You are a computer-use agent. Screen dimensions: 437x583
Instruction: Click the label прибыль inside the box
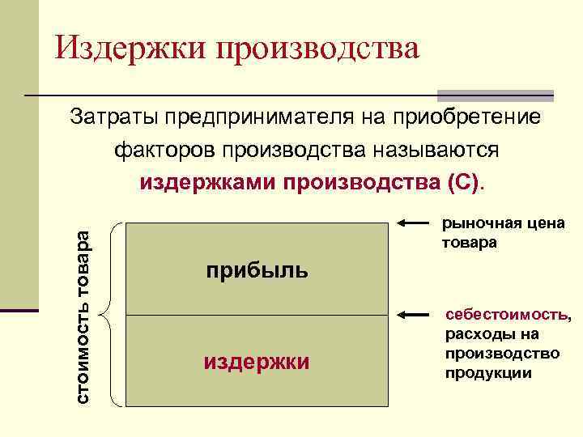coord(256,269)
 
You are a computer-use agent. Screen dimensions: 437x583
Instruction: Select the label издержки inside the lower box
coord(256,361)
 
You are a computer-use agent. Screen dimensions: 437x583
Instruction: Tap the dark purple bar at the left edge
coord(19,310)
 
